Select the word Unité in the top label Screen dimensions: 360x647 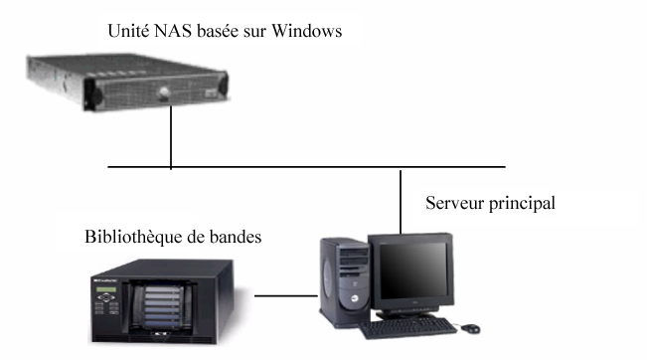click(x=127, y=32)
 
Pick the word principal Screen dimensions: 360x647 click(x=522, y=205)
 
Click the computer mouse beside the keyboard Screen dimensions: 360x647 click(x=468, y=326)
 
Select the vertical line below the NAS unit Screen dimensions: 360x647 click(x=171, y=139)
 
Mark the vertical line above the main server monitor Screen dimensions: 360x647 click(x=401, y=199)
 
